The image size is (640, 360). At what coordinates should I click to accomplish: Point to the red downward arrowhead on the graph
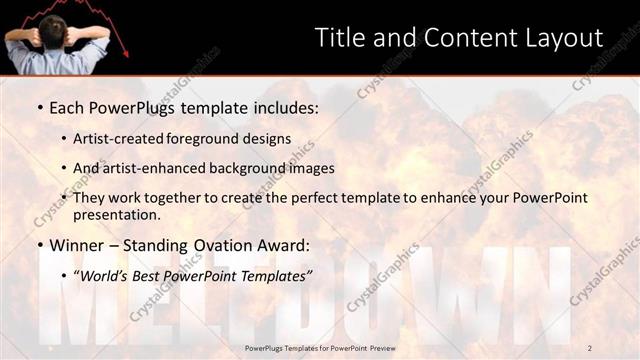123,51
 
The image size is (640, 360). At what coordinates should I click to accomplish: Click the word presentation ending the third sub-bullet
116,214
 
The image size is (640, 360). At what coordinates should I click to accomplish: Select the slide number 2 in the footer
589,347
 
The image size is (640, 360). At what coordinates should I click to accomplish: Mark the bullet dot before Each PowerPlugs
38,107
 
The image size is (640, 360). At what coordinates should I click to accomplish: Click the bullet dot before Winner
38,245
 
